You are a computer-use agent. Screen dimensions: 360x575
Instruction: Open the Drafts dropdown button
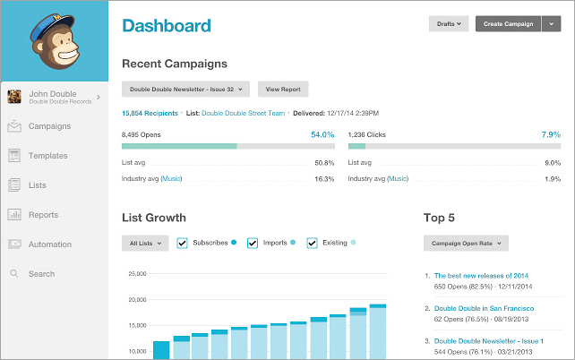[x=449, y=24]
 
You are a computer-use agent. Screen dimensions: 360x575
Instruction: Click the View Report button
[x=283, y=90]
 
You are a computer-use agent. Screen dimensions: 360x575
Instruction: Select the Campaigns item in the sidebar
[x=49, y=126]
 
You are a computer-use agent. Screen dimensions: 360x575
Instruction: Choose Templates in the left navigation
[x=47, y=156]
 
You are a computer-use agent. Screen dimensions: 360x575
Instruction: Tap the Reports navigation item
[x=43, y=215]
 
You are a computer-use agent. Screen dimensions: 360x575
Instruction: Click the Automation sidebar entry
[x=49, y=244]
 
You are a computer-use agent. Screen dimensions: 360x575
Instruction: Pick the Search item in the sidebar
[x=41, y=274]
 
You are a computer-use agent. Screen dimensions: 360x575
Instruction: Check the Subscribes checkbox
[x=183, y=243]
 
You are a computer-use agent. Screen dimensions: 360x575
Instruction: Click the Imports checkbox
[x=253, y=243]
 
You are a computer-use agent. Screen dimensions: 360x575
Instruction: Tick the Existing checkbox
[x=312, y=243]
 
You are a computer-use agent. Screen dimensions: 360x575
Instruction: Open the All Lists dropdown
[x=144, y=243]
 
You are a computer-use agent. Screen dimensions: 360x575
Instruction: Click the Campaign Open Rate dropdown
[x=466, y=243]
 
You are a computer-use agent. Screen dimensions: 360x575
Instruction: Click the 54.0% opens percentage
[x=322, y=134]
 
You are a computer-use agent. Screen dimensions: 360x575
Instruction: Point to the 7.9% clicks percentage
[x=551, y=134]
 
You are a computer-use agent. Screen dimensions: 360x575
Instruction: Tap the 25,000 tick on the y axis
[x=136, y=274]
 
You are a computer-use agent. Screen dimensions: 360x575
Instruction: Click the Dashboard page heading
[x=167, y=25]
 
